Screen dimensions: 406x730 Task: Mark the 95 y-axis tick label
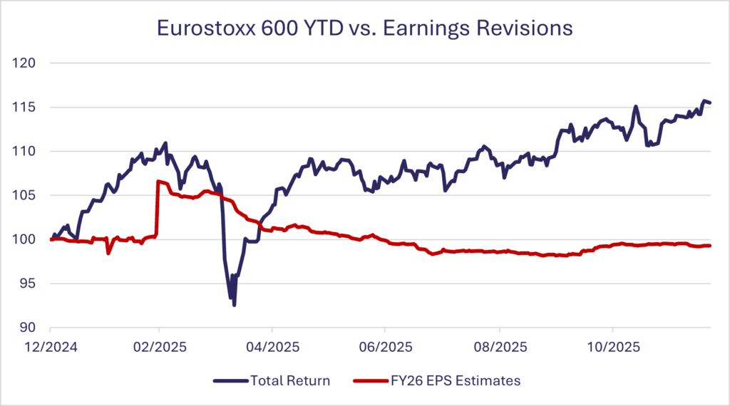tap(29, 284)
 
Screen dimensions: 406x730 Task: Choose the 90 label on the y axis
tap(29, 328)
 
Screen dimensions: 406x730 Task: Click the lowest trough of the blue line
tap(234, 305)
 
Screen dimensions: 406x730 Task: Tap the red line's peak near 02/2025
tap(158, 182)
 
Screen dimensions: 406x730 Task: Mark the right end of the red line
tap(710, 246)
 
